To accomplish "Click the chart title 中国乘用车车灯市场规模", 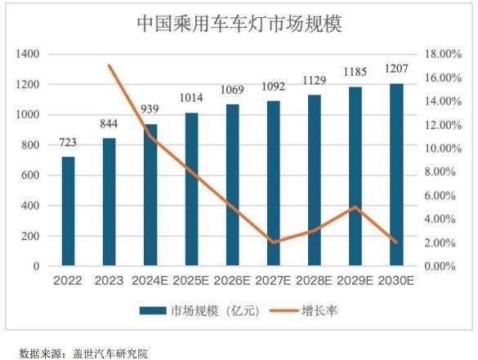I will point(239,24).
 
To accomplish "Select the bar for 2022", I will point(69,211).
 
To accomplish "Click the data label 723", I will point(69,144).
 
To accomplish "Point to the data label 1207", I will point(396,71).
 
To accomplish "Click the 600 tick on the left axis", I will point(30,176).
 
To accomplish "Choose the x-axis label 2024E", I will point(150,281).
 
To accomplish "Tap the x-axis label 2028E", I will point(315,281).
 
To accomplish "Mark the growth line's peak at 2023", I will point(109,65).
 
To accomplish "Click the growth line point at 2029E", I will point(355,207).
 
